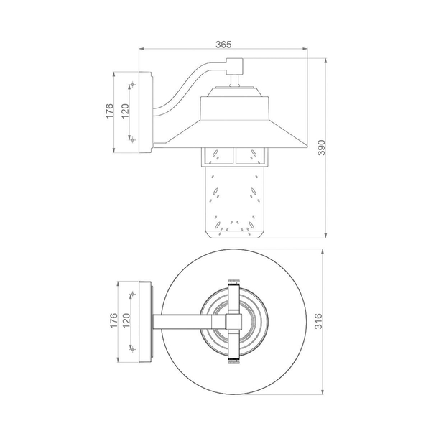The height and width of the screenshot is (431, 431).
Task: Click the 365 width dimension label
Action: coord(223,45)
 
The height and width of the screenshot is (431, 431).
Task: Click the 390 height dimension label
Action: coord(321,148)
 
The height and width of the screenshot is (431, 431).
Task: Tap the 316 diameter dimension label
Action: coord(318,321)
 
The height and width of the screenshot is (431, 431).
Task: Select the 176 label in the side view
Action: coord(109,111)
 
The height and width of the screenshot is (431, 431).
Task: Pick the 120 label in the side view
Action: coord(125,111)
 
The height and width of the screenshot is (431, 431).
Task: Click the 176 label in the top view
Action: coord(113,320)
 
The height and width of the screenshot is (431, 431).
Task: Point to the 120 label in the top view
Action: coord(126,320)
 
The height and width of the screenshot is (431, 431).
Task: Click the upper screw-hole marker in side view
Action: coord(133,84)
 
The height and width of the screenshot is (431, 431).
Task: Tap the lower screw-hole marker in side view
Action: coord(133,140)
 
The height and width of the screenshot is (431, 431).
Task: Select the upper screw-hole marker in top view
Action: coord(133,294)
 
